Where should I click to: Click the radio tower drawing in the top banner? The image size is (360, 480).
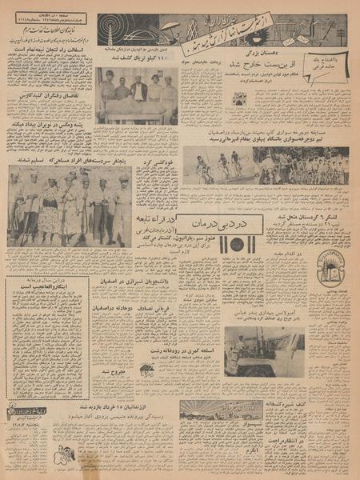pos(109,30)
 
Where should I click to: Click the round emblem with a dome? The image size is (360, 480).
pos(330,266)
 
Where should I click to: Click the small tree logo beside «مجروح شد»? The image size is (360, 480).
pos(147,370)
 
